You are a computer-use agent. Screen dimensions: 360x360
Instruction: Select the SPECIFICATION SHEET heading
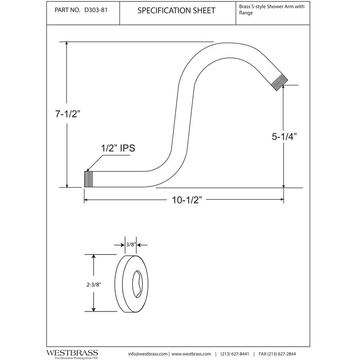(176, 10)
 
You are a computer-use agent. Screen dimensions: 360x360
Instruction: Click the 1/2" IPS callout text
(117, 148)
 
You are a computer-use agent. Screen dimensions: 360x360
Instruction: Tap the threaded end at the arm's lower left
(89, 179)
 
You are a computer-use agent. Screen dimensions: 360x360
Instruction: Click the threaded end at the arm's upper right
(280, 82)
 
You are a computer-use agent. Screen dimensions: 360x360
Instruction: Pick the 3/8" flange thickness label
(131, 245)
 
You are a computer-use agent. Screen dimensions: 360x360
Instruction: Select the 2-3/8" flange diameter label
(94, 284)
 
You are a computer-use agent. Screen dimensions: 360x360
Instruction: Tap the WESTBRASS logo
(72, 353)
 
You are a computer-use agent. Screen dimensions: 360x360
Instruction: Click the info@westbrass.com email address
(148, 354)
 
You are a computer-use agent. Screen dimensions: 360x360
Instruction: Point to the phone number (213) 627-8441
(234, 354)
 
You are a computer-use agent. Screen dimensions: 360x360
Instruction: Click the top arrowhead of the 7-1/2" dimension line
(67, 43)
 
